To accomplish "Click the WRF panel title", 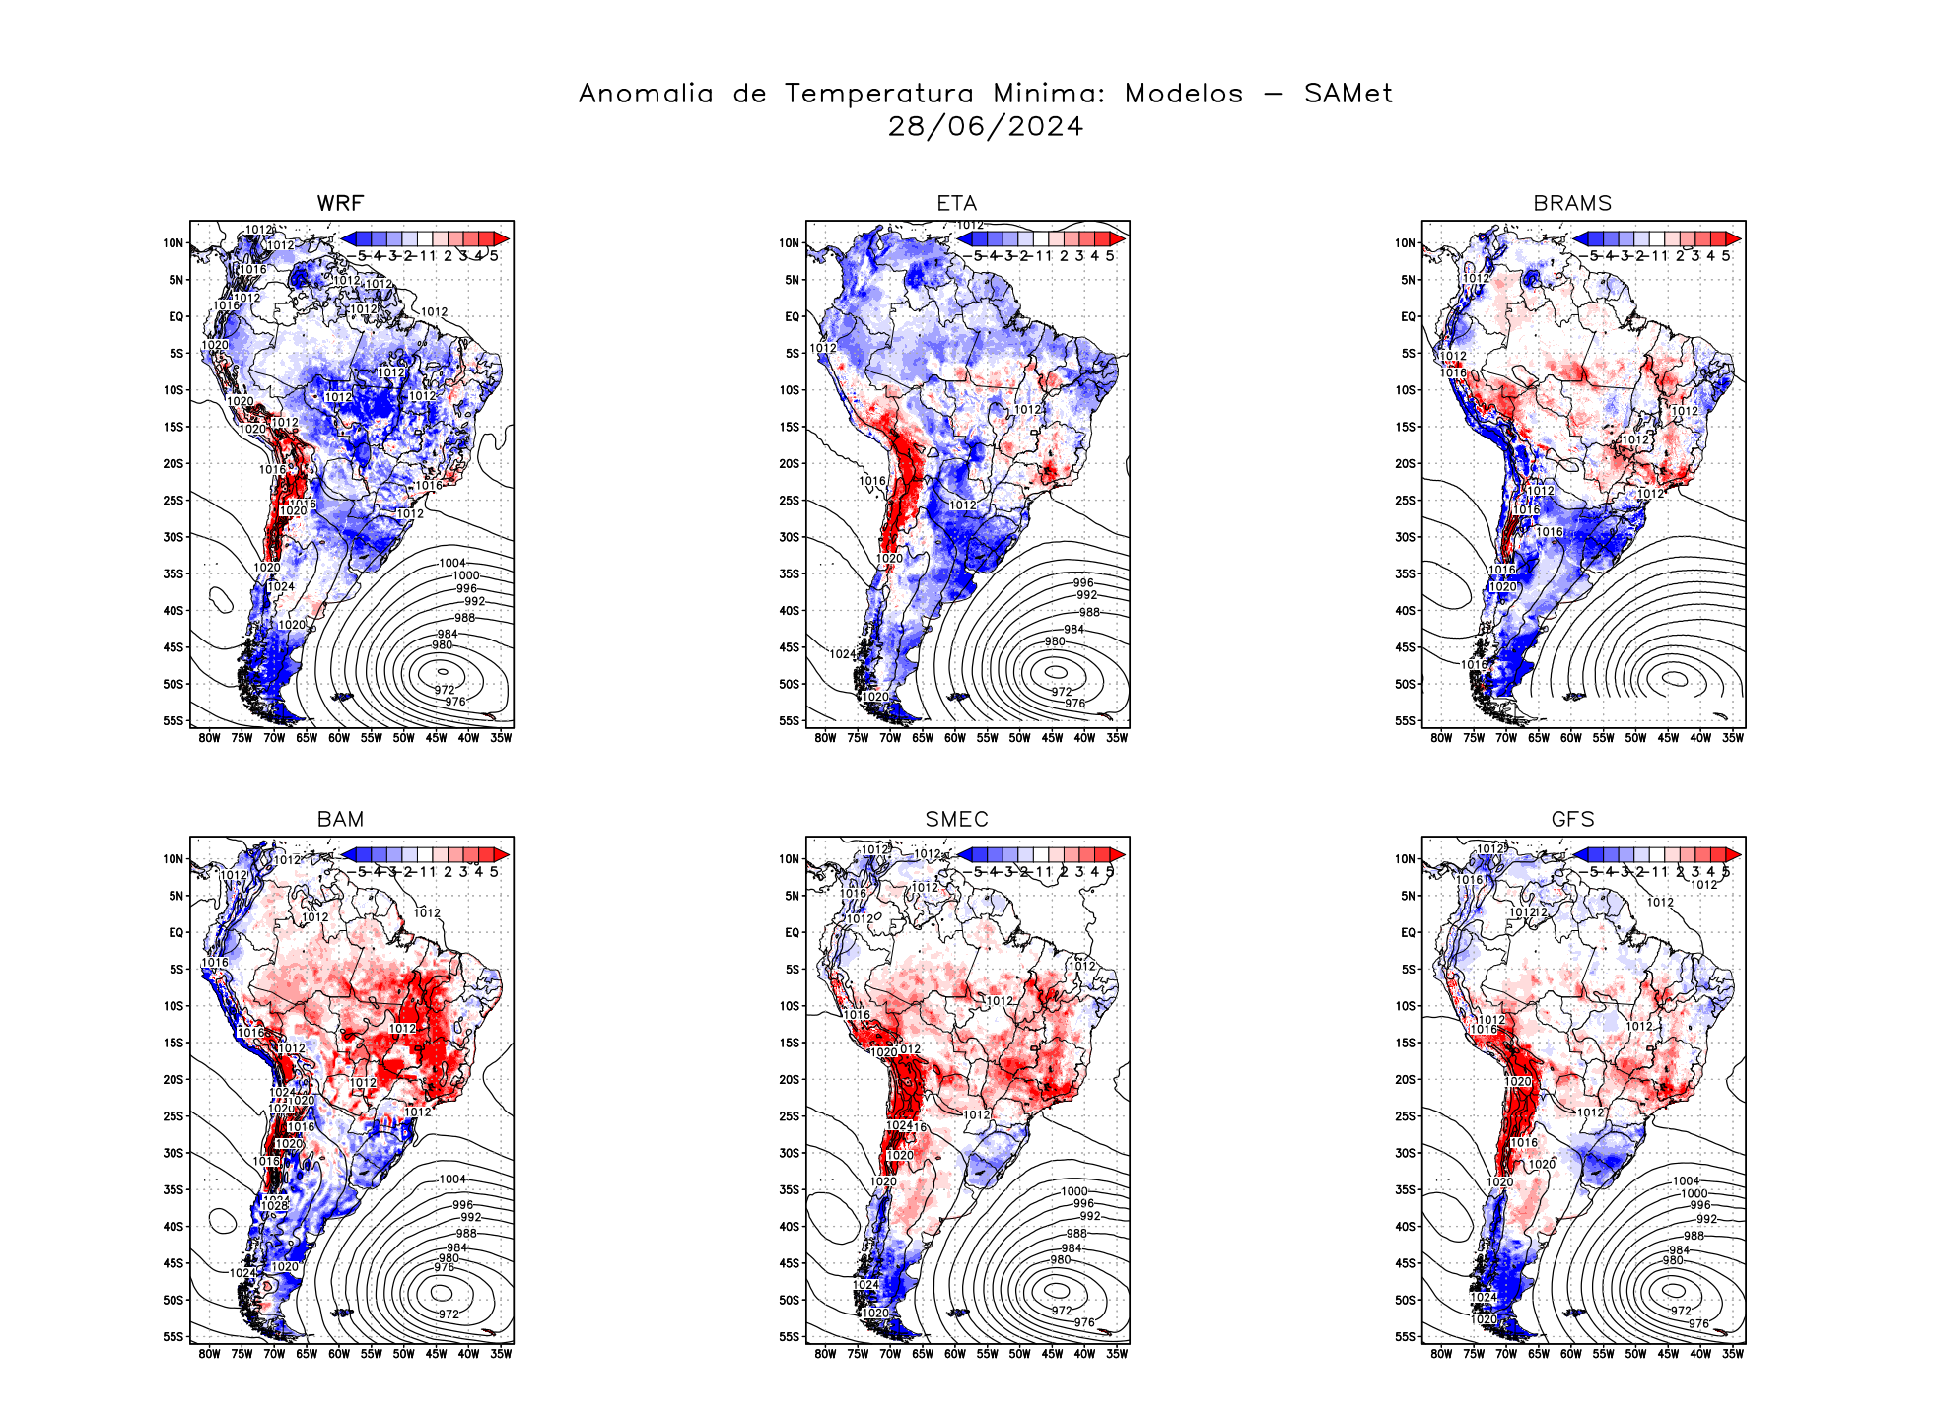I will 340,203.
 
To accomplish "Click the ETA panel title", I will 956,203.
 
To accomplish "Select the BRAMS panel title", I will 1572,203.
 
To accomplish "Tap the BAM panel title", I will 340,819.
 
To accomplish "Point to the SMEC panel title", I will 956,819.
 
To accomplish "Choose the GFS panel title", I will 1572,819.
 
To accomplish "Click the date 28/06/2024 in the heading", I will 985,126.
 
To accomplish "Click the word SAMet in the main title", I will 1348,94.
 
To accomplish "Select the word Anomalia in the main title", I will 646,94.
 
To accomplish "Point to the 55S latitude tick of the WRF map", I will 173,720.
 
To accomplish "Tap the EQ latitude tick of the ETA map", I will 792,316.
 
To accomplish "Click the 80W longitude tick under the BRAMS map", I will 1441,738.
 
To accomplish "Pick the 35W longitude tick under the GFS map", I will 1733,1354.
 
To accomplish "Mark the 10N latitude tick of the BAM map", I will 173,859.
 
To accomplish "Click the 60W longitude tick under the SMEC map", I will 954,1354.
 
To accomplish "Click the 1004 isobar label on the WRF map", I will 451,563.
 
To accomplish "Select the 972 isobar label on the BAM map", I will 449,1314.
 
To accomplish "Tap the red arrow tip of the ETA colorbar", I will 1119,238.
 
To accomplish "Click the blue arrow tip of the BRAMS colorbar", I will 1580,238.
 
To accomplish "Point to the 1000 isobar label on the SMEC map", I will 1073,1191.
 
